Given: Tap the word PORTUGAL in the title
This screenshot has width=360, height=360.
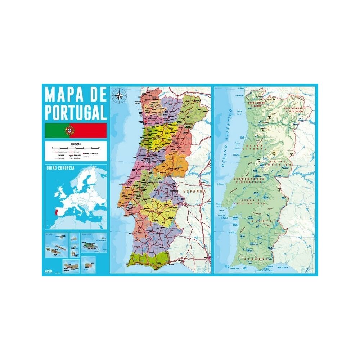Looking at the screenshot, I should coord(76,112).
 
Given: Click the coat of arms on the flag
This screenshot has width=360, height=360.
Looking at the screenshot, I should coord(69,130).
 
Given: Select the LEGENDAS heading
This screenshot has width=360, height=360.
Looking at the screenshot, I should coord(76,144).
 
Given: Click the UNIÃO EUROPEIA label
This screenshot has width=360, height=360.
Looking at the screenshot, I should coord(60,168).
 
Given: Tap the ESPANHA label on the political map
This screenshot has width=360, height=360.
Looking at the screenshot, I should coord(194,192).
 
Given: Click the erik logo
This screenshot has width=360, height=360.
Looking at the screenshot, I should coord(48,271).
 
